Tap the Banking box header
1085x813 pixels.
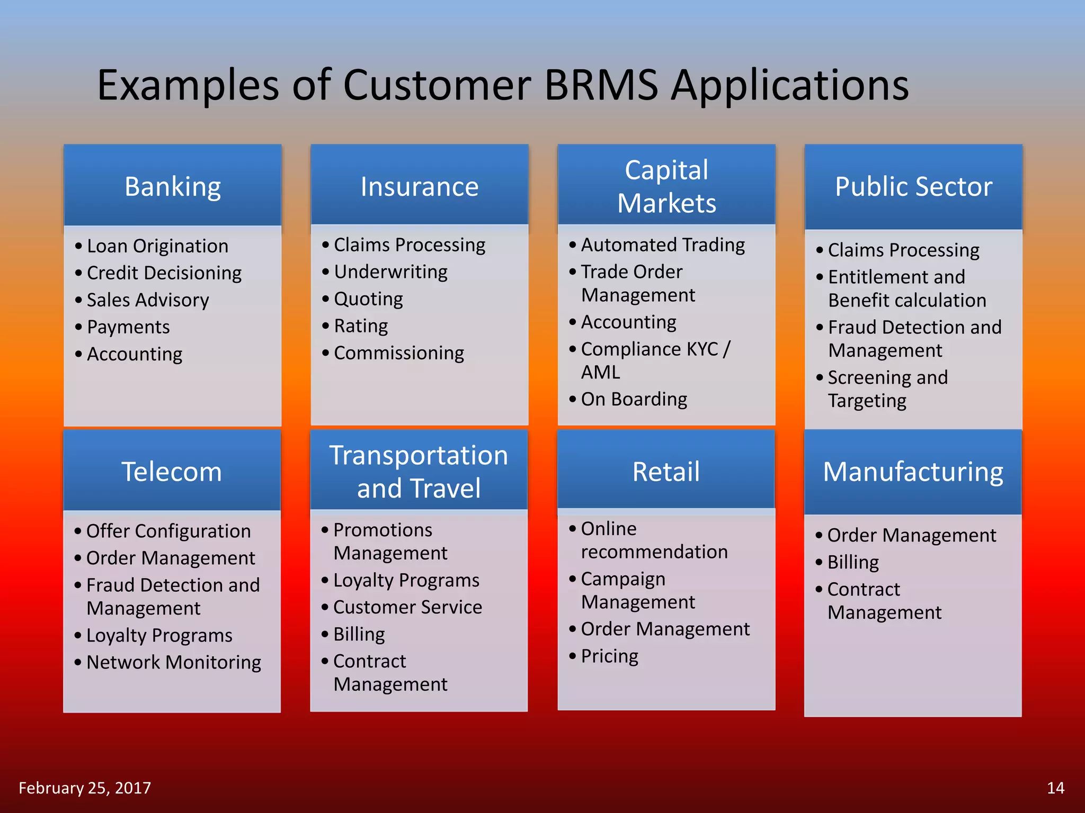pyautogui.click(x=173, y=186)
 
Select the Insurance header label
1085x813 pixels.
pyautogui.click(x=419, y=186)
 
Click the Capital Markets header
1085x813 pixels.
pyautogui.click(x=666, y=186)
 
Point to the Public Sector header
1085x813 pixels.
pyautogui.click(x=913, y=186)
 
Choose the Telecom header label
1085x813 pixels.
pyautogui.click(x=172, y=471)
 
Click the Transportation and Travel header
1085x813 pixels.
pyautogui.click(x=419, y=471)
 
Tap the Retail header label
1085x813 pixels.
pyautogui.click(x=666, y=471)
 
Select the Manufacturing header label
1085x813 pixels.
pyautogui.click(x=913, y=471)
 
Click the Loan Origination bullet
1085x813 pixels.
pyautogui.click(x=157, y=246)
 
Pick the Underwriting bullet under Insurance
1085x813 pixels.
pyautogui.click(x=390, y=272)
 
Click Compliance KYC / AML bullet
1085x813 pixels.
pyautogui.click(x=655, y=360)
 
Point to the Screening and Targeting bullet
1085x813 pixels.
pyautogui.click(x=887, y=389)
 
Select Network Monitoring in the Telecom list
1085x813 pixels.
pyautogui.click(x=174, y=662)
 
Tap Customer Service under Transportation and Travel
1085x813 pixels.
pyautogui.click(x=407, y=607)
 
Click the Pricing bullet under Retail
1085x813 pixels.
pyautogui.click(x=609, y=656)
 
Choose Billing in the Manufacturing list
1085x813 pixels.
pyautogui.click(x=853, y=562)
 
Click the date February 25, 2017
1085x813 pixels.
pyautogui.click(x=85, y=788)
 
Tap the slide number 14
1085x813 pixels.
pyautogui.click(x=1055, y=788)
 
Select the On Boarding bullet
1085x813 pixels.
pyautogui.click(x=634, y=399)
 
